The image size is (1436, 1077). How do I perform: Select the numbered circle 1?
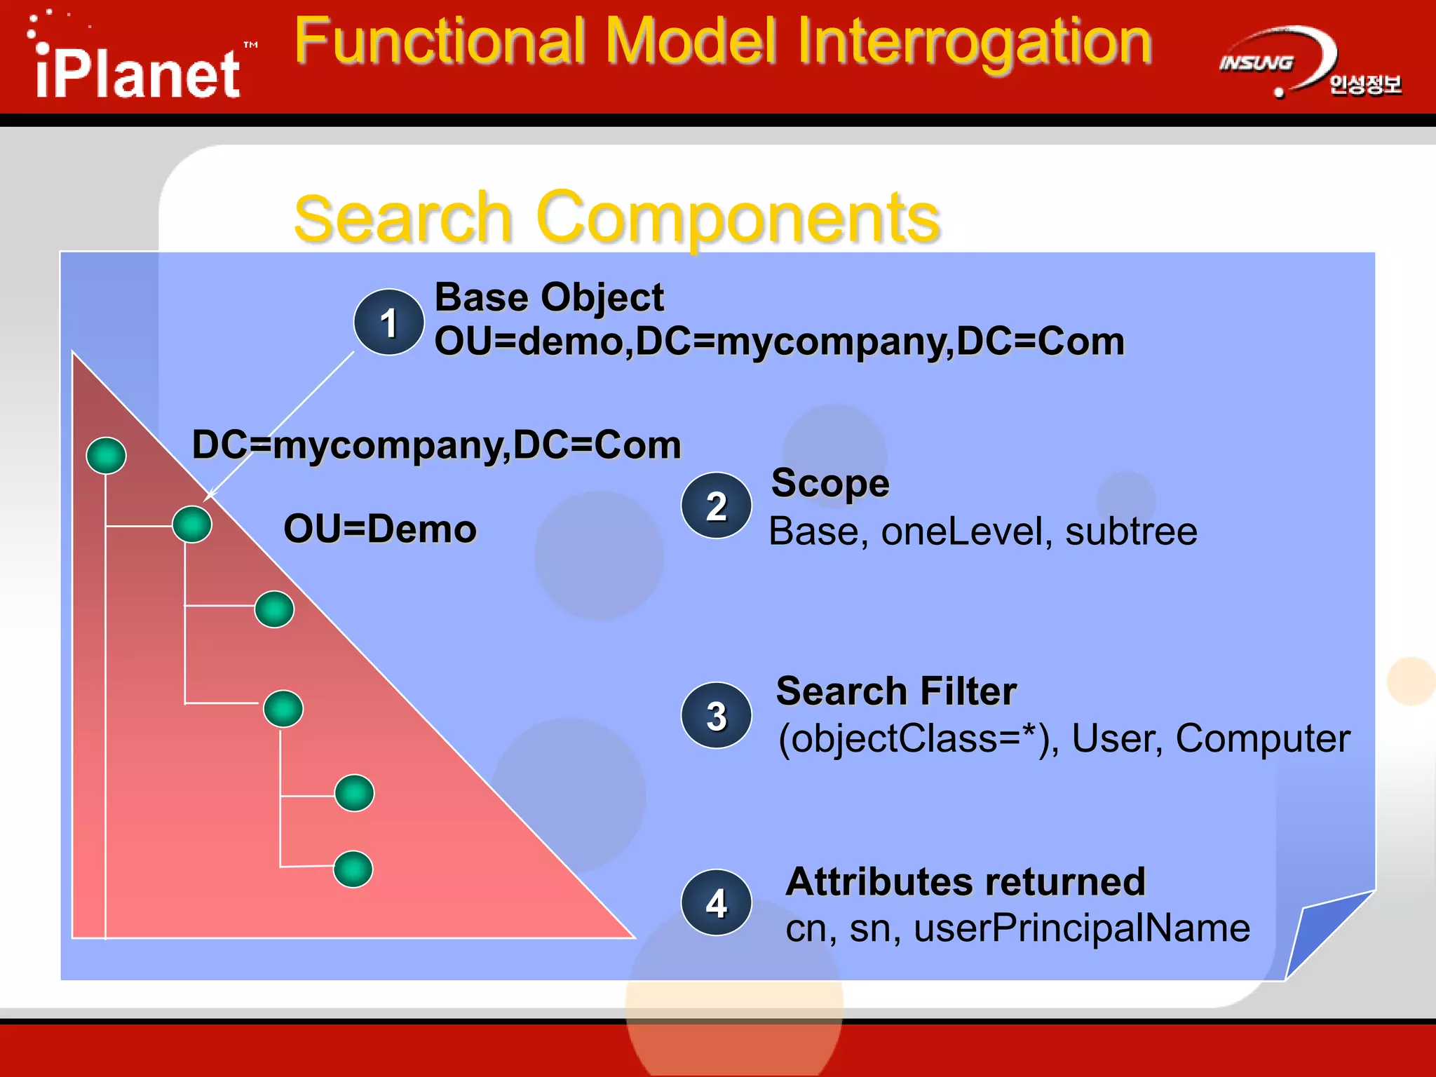point(388,323)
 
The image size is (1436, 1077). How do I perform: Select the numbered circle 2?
point(716,506)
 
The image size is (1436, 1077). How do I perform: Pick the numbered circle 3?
point(716,715)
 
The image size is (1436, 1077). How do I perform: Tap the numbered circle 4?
point(716,902)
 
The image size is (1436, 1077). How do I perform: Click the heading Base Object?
point(549,297)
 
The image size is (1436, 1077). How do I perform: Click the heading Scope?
point(830,483)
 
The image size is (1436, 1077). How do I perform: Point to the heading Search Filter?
point(896,691)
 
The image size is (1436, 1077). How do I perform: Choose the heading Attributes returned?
point(965,881)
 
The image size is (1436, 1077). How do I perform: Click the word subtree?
point(1131,531)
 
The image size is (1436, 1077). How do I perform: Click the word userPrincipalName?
point(1082,928)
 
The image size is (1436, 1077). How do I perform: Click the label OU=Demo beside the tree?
point(379,529)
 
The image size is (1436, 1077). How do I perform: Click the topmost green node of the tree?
point(106,455)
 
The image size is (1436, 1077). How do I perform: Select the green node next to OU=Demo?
point(192,524)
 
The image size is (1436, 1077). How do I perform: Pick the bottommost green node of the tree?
point(353,869)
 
